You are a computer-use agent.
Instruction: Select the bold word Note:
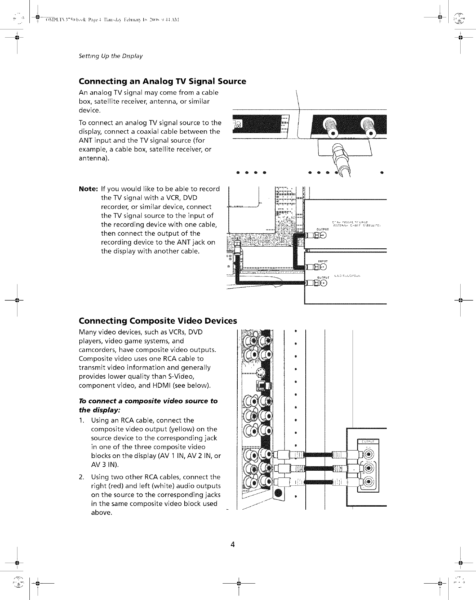(89, 189)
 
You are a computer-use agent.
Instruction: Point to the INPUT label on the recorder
(323, 261)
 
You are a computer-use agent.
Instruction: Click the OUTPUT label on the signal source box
(322, 229)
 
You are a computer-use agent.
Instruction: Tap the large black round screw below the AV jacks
(279, 493)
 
